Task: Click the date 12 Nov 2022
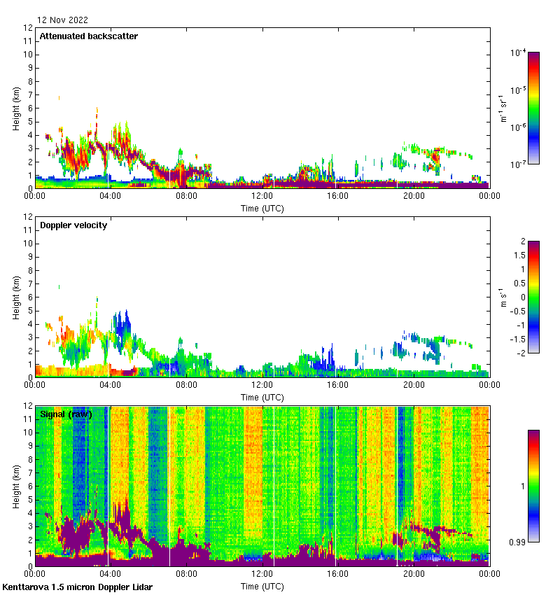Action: (x=63, y=20)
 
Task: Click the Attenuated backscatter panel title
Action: (x=88, y=36)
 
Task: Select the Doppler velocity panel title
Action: (x=73, y=225)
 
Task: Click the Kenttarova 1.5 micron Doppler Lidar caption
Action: (x=77, y=587)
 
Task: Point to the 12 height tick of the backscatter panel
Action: (x=28, y=28)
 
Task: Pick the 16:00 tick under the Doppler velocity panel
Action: (x=337, y=385)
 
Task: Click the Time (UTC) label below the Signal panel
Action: (x=262, y=585)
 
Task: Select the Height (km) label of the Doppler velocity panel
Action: (x=16, y=297)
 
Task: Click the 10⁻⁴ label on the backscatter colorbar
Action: (x=518, y=52)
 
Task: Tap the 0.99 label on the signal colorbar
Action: (x=519, y=542)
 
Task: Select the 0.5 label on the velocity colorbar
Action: (x=519, y=283)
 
